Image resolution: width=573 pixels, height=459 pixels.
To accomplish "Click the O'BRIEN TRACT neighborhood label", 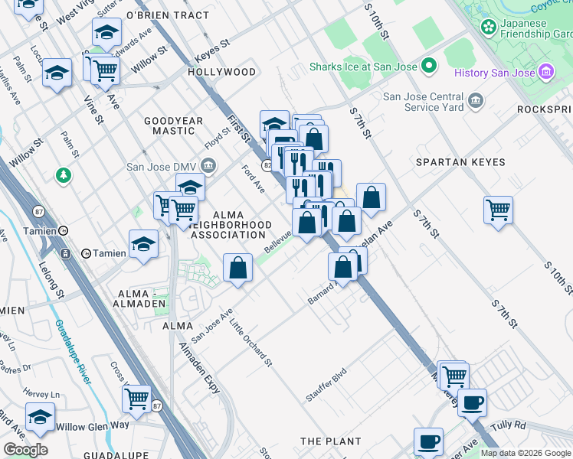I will (x=167, y=15).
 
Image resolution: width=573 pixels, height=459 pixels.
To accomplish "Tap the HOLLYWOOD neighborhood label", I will (x=221, y=72).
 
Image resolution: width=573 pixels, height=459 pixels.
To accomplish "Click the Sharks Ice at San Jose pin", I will (x=430, y=67).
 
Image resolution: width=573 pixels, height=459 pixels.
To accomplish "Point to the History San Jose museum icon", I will (x=546, y=73).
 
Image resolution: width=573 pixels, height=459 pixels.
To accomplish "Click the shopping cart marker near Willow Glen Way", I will (x=136, y=398).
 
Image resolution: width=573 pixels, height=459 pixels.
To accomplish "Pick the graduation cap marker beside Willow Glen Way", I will (x=40, y=416).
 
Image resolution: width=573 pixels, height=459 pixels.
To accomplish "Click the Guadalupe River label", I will (x=73, y=353).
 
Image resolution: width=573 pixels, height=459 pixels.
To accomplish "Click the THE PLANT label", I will (x=330, y=441).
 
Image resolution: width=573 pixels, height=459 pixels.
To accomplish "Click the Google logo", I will (x=25, y=450).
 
